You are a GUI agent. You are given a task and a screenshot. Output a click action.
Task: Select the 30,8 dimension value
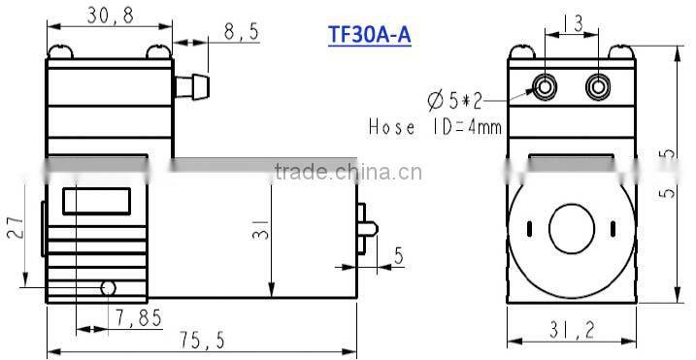click(x=108, y=17)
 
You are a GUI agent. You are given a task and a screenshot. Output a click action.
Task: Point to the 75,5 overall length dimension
click(x=202, y=341)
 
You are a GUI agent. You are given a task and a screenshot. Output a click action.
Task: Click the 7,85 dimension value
click(x=136, y=317)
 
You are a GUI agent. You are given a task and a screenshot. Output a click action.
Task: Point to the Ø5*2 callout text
click(x=454, y=99)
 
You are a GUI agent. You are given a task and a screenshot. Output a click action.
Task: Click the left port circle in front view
click(x=548, y=87)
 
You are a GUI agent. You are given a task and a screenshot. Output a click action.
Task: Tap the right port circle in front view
click(x=596, y=87)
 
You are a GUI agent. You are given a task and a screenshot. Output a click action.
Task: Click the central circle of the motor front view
click(x=572, y=228)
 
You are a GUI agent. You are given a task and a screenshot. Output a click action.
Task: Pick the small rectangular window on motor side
click(x=97, y=202)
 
